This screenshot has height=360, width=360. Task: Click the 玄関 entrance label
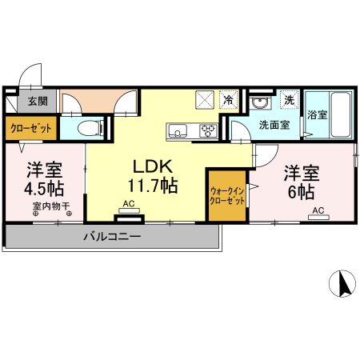pyautogui.click(x=38, y=102)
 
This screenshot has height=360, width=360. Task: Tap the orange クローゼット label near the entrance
pyautogui.click(x=31, y=127)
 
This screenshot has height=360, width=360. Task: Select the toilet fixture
pyautogui.click(x=90, y=127)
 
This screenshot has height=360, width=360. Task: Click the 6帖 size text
pyautogui.click(x=302, y=192)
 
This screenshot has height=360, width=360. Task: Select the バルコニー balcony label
pyautogui.click(x=112, y=238)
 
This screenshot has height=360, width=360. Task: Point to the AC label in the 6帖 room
pyautogui.click(x=318, y=211)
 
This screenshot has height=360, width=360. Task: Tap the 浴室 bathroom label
pyautogui.click(x=317, y=114)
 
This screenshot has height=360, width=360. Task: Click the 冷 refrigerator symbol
pyautogui.click(x=229, y=101)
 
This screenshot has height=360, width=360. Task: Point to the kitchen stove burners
pyautogui.click(x=209, y=131)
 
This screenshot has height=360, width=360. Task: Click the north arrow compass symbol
pyautogui.click(x=342, y=283)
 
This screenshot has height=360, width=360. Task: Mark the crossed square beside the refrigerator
pyautogui.click(x=205, y=101)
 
